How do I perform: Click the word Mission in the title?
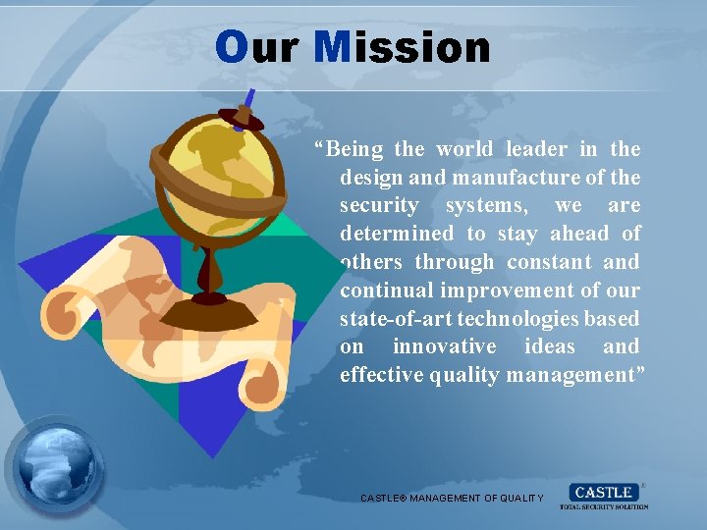tap(403, 47)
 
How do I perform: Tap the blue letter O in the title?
tap(232, 47)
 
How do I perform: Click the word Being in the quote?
tap(355, 149)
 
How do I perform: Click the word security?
tap(378, 206)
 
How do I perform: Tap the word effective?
tap(381, 375)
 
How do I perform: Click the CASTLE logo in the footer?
tap(604, 495)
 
